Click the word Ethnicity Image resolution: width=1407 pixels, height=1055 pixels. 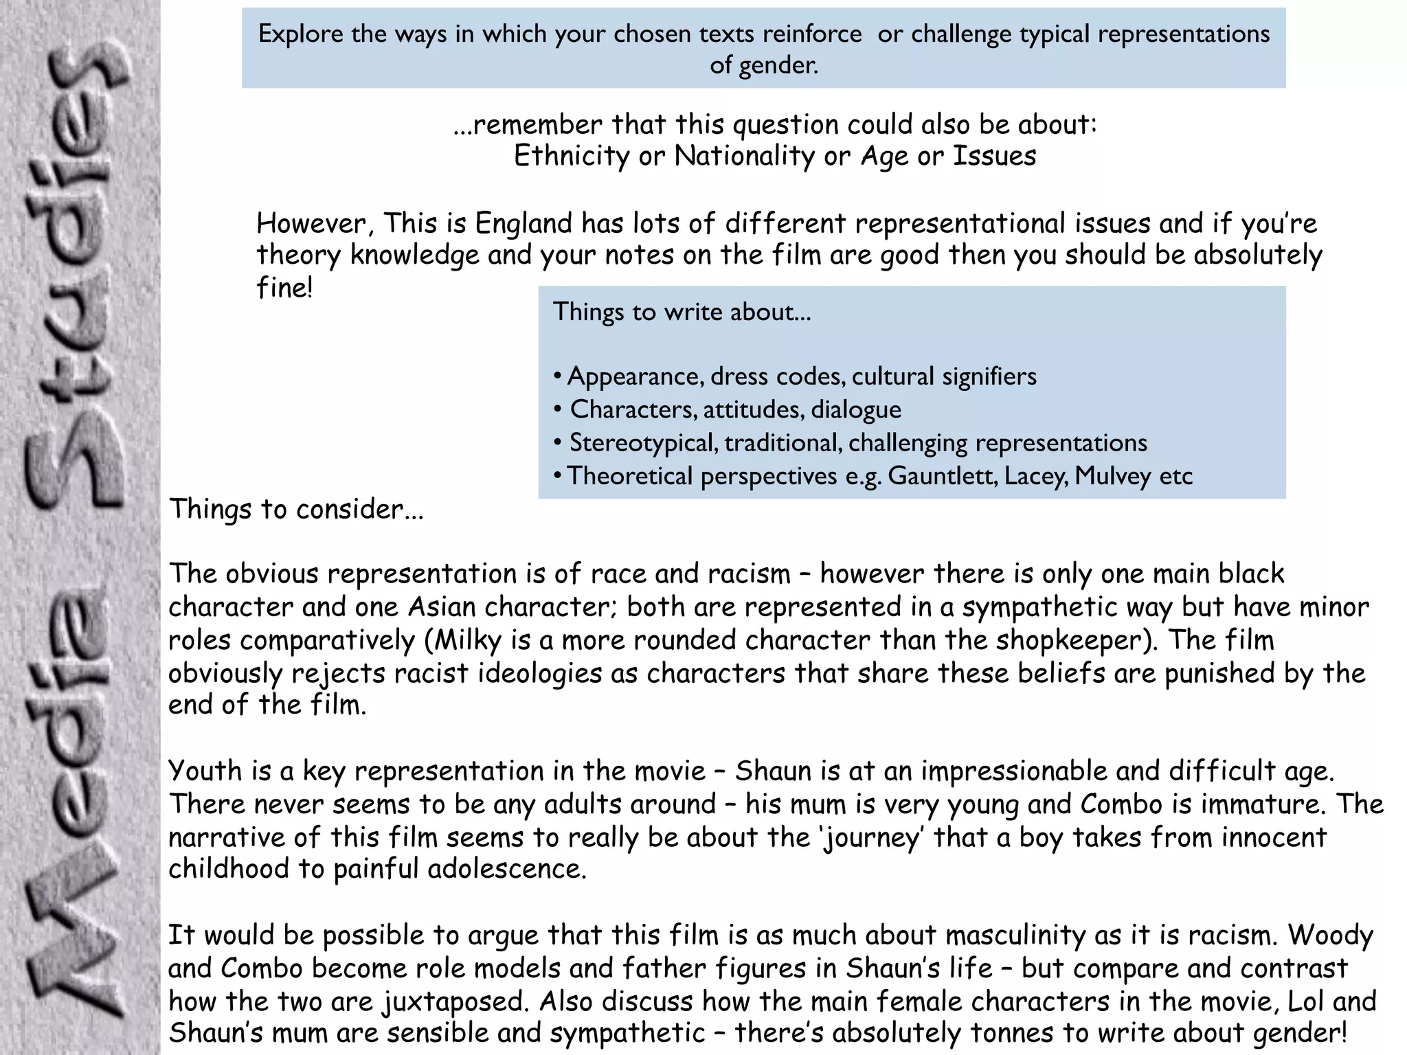(x=572, y=157)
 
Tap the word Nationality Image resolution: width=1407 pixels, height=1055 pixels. (x=744, y=157)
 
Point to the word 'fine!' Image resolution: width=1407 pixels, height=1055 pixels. (x=284, y=287)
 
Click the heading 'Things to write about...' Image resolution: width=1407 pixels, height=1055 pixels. (x=682, y=312)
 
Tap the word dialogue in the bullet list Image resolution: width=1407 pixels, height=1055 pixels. (x=856, y=410)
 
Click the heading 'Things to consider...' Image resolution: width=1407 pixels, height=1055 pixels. (x=296, y=510)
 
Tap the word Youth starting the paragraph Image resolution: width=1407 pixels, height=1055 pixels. (x=205, y=771)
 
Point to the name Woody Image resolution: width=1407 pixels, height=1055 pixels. (x=1331, y=935)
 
